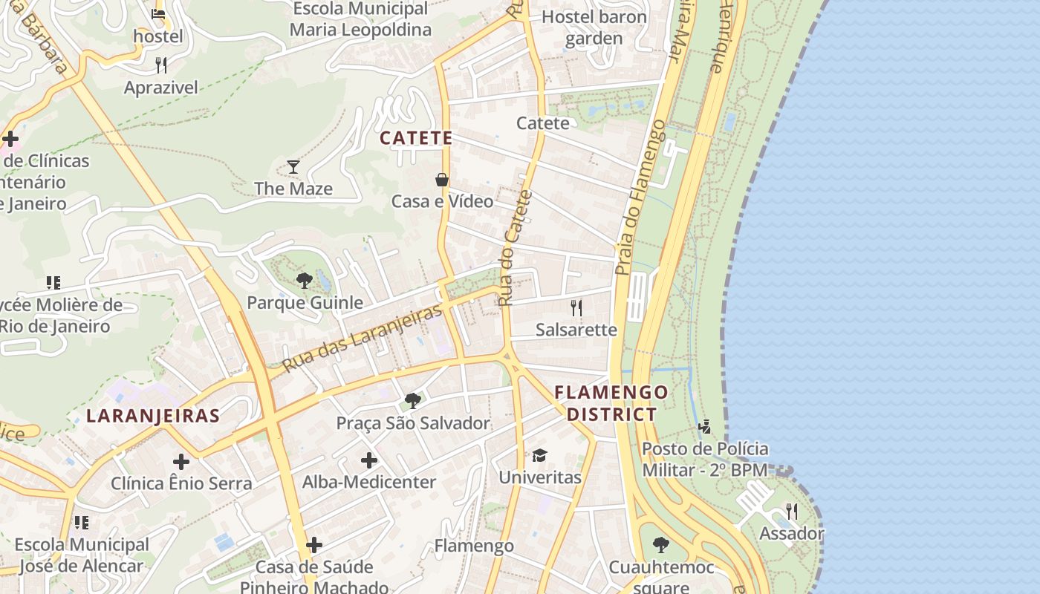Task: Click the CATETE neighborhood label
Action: (x=416, y=138)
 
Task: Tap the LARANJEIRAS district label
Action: (x=153, y=416)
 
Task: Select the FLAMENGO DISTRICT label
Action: (x=611, y=403)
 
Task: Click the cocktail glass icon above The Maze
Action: (x=293, y=166)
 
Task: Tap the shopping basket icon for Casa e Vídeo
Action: (x=442, y=180)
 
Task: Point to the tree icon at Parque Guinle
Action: (x=304, y=280)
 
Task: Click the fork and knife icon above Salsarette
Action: (x=576, y=307)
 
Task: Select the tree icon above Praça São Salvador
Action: (x=413, y=401)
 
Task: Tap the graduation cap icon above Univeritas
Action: (x=539, y=455)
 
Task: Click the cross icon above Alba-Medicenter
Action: (x=369, y=460)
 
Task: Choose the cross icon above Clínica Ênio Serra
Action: (x=181, y=462)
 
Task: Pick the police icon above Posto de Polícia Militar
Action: (x=705, y=427)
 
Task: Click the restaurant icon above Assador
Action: (x=792, y=512)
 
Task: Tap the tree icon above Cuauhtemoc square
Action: (x=661, y=545)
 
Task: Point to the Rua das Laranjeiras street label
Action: (x=363, y=339)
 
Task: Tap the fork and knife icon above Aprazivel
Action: (x=161, y=65)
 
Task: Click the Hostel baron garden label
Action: (x=594, y=27)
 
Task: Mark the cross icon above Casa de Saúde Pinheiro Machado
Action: (x=314, y=546)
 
